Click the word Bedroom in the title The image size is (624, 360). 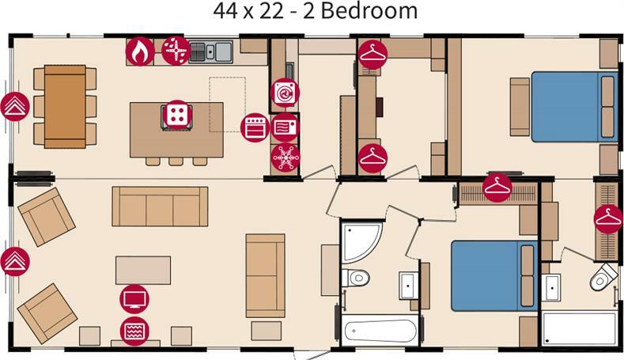point(372,11)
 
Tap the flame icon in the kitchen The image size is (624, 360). point(139,51)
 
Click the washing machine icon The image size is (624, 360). point(285,93)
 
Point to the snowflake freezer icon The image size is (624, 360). point(286,157)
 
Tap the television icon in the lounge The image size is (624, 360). point(134,298)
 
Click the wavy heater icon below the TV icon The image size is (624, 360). point(134,328)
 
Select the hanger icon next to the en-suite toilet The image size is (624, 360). point(608,218)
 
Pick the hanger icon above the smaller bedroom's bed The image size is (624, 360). point(497,188)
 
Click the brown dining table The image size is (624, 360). point(65,104)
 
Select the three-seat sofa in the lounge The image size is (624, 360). point(160,207)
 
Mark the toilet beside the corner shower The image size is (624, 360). point(357,279)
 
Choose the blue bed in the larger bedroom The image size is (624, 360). point(573,107)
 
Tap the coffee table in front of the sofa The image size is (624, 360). point(143,269)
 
